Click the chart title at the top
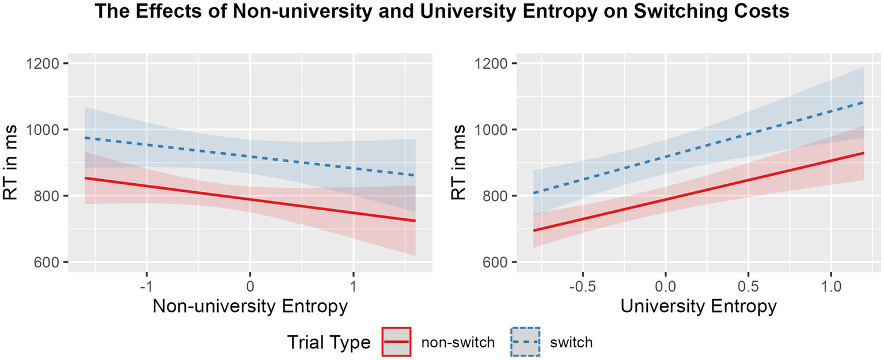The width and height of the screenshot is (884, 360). coord(442,13)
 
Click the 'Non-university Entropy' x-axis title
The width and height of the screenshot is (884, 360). coord(250,306)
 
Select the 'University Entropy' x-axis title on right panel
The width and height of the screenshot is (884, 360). coord(699,306)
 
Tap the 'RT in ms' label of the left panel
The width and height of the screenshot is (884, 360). coord(13,163)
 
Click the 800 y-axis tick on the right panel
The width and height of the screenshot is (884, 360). coord(494,196)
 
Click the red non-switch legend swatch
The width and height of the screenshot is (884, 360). coord(396,342)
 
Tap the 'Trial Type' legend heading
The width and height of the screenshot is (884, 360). coord(329,343)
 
